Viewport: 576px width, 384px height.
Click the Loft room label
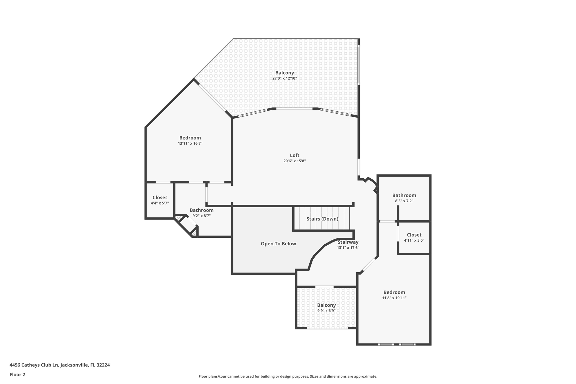tap(294, 155)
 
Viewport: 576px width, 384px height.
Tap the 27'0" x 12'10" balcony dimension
tap(284, 78)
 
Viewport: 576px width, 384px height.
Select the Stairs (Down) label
tap(322, 219)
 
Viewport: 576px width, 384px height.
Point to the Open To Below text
tap(278, 244)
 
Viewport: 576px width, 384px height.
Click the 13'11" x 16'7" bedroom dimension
tap(190, 143)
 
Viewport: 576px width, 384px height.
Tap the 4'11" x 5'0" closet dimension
tap(414, 241)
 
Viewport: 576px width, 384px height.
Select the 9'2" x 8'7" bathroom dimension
tap(201, 216)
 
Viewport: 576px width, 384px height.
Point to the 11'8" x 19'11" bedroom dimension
tap(394, 298)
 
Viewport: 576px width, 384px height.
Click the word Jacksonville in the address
tap(74, 365)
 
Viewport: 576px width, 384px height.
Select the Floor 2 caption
tap(17, 375)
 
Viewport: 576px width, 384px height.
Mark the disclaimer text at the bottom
tap(288, 376)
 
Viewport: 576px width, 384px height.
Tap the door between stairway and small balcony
tap(324, 287)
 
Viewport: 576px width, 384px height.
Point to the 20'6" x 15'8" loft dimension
tap(294, 161)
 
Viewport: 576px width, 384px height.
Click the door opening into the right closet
tap(398, 234)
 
